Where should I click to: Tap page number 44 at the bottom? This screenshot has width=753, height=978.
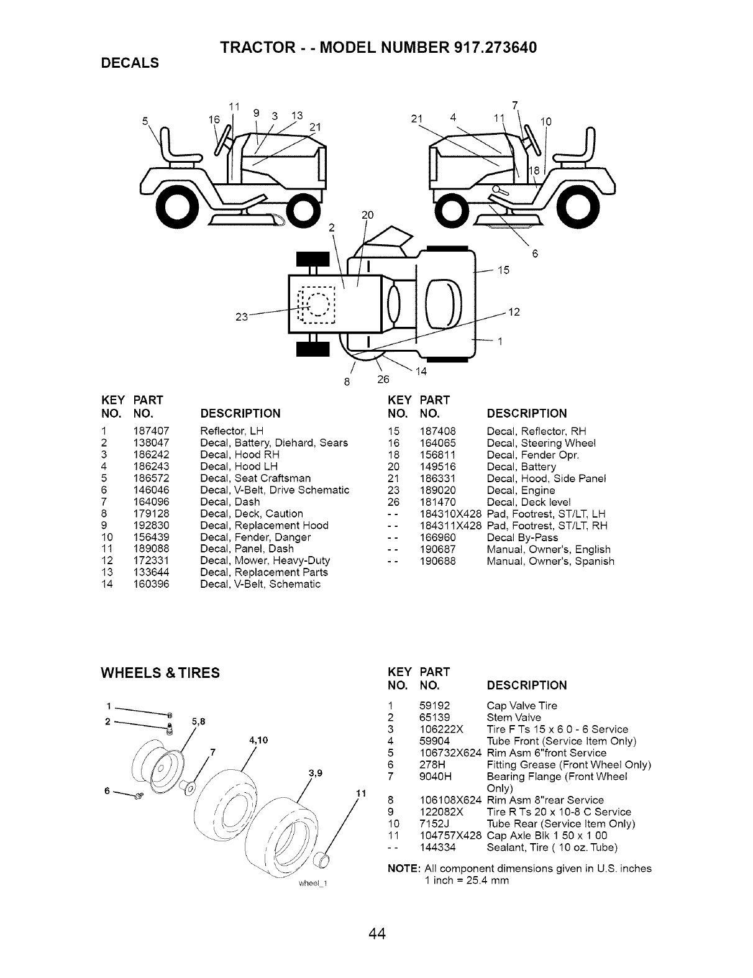pyautogui.click(x=376, y=934)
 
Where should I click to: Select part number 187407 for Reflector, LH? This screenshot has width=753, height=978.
pyautogui.click(x=151, y=431)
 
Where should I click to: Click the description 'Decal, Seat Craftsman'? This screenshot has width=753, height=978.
pyautogui.click(x=255, y=478)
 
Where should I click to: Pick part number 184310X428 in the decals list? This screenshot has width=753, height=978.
pyautogui.click(x=450, y=514)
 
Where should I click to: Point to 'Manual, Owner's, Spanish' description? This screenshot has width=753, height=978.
pyautogui.click(x=550, y=561)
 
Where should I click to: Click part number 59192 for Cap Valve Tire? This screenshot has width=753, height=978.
pyautogui.click(x=435, y=706)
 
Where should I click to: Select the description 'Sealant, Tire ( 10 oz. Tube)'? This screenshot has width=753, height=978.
pyautogui.click(x=552, y=848)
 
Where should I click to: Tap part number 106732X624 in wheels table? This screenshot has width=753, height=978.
pyautogui.click(x=450, y=753)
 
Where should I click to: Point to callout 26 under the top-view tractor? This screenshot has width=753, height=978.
pyautogui.click(x=383, y=380)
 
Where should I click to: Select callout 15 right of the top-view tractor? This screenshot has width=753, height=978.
pyautogui.click(x=503, y=270)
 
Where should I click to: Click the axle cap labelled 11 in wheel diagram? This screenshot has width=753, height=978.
pyautogui.click(x=321, y=861)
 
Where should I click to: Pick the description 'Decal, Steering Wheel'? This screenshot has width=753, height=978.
pyautogui.click(x=541, y=443)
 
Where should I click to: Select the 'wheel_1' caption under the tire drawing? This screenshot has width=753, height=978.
pyautogui.click(x=312, y=885)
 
